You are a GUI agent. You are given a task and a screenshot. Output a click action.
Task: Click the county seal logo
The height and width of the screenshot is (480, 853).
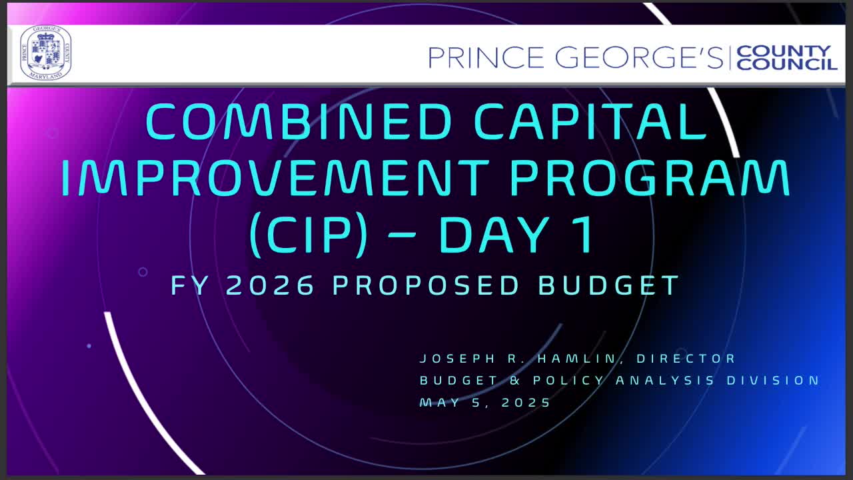tap(46, 53)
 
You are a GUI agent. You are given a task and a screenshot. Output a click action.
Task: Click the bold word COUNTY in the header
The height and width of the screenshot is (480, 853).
tap(783, 51)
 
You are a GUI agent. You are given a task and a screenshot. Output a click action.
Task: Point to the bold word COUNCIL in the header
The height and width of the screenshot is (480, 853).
tap(786, 64)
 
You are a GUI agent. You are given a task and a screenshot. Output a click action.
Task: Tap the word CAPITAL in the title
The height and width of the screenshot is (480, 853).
tap(590, 122)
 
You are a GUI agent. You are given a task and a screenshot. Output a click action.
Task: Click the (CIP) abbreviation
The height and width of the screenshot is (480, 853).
tap(309, 235)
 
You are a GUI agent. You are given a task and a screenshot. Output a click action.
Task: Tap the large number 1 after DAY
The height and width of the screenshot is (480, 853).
tap(584, 235)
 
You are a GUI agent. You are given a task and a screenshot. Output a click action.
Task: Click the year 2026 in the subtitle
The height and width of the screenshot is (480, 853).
tap(270, 285)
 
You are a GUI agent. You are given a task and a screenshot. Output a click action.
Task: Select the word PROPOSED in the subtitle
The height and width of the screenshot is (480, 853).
tap(426, 285)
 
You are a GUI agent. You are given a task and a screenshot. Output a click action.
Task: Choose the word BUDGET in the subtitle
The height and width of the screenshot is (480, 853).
tap(608, 285)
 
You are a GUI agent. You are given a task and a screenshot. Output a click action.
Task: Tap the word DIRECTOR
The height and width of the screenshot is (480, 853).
tap(686, 359)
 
